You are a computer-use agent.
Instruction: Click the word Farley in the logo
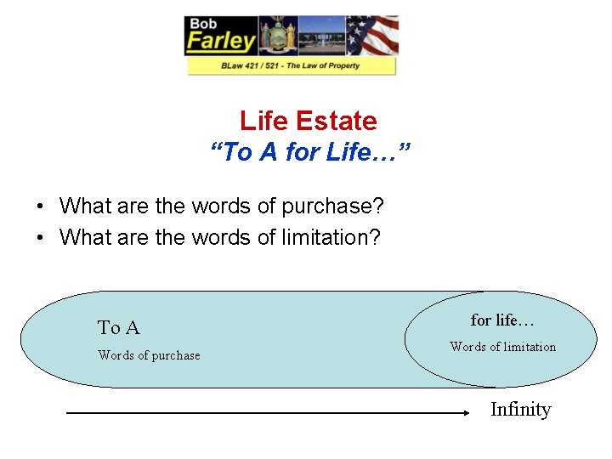[x=221, y=41]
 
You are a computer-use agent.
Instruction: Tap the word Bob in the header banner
[x=204, y=23]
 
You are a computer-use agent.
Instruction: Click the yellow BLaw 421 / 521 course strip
[x=292, y=65]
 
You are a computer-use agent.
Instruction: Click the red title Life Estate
[x=308, y=121]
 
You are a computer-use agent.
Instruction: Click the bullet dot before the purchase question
[x=40, y=207]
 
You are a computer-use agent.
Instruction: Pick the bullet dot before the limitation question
[x=40, y=238]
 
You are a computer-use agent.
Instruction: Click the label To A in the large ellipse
[x=119, y=327]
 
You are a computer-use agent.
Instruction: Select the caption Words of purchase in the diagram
[x=149, y=355]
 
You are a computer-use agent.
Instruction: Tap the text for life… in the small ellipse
[x=502, y=320]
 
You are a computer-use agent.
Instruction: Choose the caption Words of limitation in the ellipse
[x=502, y=347]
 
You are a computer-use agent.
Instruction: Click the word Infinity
[x=520, y=410]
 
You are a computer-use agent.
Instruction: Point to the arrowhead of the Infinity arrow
[x=466, y=413]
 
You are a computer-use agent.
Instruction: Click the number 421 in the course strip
[x=254, y=65]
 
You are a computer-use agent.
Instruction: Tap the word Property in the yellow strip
[x=340, y=65]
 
